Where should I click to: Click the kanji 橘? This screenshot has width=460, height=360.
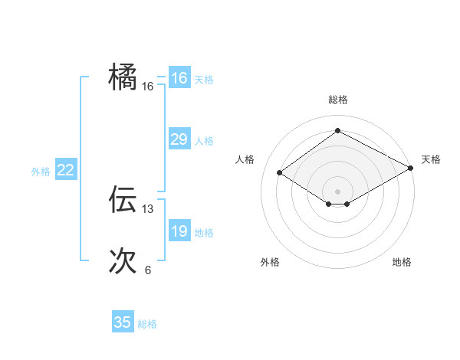point(123,77)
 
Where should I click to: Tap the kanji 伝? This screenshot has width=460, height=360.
point(123,199)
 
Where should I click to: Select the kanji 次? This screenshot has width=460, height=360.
point(123,260)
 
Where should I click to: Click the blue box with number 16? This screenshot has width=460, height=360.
point(179,78)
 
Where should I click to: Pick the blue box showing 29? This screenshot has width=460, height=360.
point(179,139)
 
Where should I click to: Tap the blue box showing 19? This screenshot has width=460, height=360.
point(179,231)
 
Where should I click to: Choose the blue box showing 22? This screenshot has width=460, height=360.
point(65,170)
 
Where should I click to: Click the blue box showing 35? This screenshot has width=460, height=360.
point(123,322)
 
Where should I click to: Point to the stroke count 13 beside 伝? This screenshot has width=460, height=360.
point(148,208)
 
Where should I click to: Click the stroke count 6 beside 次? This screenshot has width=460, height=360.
point(148,270)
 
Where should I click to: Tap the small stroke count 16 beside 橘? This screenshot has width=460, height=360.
point(148,87)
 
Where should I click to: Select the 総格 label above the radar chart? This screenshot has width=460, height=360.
point(337,100)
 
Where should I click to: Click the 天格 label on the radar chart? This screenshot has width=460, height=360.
point(431,159)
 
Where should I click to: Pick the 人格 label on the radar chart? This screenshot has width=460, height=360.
point(245,159)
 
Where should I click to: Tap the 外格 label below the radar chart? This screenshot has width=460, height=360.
point(270,262)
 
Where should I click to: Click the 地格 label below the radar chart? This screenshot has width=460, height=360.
point(402,262)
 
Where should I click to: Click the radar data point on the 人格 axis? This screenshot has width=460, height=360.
point(280,173)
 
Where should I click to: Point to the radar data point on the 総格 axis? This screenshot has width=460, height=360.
point(337,131)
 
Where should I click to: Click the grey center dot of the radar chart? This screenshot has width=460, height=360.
point(337,191)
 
